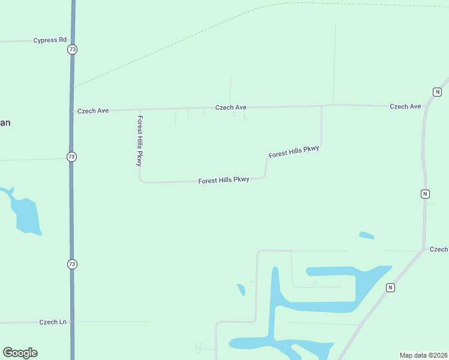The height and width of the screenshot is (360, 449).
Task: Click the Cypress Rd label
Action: [50, 40]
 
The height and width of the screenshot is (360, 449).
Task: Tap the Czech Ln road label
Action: [53, 322]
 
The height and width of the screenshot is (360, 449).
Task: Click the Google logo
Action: [20, 353]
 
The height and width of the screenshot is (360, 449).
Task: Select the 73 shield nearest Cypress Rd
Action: [72, 49]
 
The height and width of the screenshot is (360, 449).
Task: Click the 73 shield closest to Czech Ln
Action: [72, 264]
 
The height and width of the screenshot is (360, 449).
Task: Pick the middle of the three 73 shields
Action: [72, 157]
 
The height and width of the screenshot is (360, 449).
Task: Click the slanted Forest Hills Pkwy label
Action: [294, 151]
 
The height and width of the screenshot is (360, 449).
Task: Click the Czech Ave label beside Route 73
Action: [93, 111]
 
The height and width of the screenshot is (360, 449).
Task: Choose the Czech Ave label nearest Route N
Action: [405, 106]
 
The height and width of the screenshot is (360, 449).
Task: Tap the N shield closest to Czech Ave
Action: [437, 92]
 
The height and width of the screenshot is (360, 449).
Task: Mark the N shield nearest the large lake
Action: [390, 288]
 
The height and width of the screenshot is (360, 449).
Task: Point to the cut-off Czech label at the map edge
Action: [438, 249]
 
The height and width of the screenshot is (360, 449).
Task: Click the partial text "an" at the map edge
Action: [5, 123]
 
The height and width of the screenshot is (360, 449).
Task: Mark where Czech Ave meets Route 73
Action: [72, 111]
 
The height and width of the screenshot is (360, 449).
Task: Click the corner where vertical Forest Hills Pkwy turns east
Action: [141, 181]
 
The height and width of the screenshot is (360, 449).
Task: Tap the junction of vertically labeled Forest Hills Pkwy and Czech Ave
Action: [140, 110]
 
